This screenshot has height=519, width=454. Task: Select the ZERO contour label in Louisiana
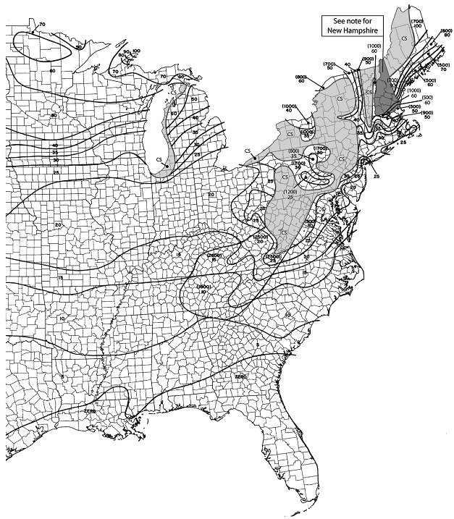point(91,410)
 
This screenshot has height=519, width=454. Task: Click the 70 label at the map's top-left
point(42,25)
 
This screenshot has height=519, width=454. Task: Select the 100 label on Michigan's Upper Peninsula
point(137,51)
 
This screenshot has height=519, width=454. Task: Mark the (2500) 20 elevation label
point(260,240)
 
